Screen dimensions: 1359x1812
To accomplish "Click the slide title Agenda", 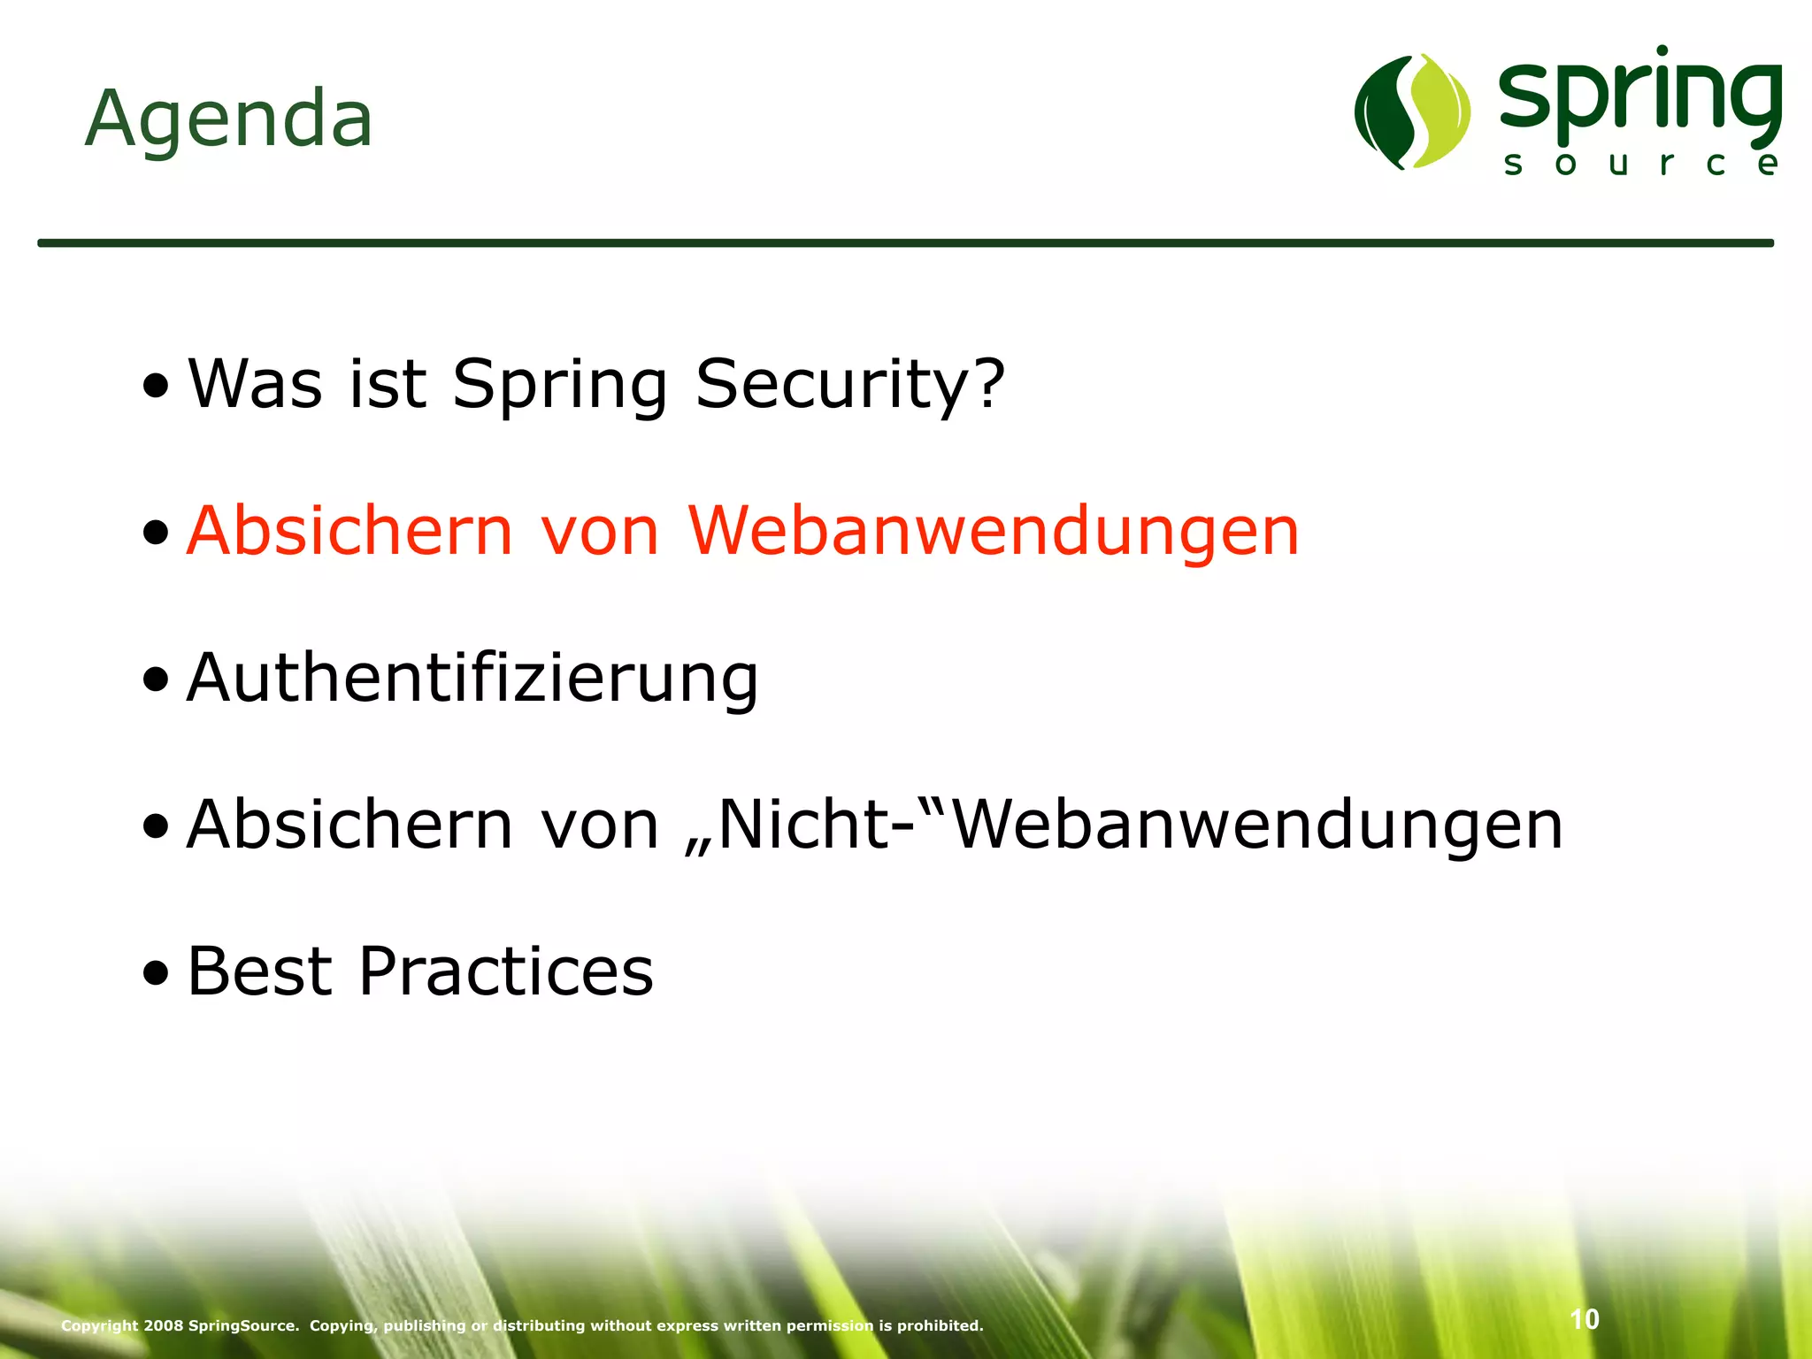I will (228, 119).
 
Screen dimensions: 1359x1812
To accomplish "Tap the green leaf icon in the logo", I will (1412, 111).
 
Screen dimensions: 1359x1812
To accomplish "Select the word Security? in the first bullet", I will (850, 384).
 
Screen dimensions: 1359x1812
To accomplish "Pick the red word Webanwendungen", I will (993, 531).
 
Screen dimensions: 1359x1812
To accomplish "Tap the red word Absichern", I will (349, 531).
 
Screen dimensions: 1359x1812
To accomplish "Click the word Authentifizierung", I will (472, 678).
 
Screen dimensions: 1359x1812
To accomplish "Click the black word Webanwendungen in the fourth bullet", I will (1258, 825).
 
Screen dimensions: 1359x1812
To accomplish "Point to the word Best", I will (259, 971).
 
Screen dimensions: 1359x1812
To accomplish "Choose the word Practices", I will (505, 971).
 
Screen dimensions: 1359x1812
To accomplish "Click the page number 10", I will (1585, 1319).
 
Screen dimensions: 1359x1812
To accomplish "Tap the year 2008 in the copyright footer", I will (164, 1325).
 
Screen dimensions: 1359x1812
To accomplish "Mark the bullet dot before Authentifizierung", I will (156, 681).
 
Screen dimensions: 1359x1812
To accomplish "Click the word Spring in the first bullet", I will (559, 386).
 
